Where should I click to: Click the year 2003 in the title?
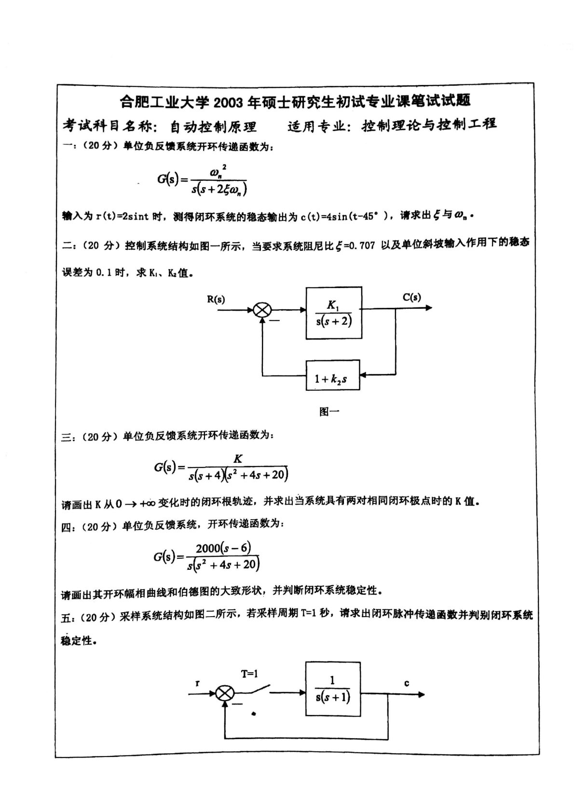pyautogui.click(x=228, y=102)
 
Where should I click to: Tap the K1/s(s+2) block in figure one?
pyautogui.click(x=334, y=313)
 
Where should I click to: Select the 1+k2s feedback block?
pyautogui.click(x=332, y=375)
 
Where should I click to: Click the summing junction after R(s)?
pyautogui.click(x=262, y=310)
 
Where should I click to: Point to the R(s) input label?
pyautogui.click(x=216, y=299)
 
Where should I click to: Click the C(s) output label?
pyautogui.click(x=411, y=297)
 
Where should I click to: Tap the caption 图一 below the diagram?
pyautogui.click(x=329, y=411)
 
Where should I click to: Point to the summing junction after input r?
pyautogui.click(x=224, y=694)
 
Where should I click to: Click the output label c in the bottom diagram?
pyautogui.click(x=407, y=683)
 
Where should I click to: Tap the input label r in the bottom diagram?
pyautogui.click(x=197, y=683)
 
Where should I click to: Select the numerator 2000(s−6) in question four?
pyautogui.click(x=223, y=548)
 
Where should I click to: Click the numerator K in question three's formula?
pyautogui.click(x=238, y=459)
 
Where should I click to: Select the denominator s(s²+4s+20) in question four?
pyautogui.click(x=223, y=564)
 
